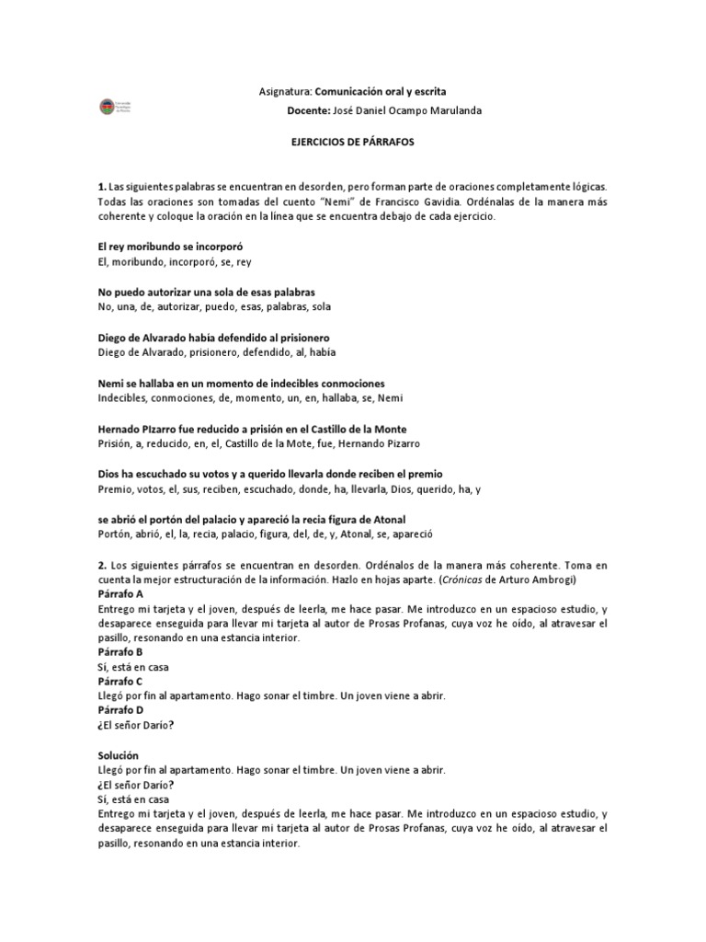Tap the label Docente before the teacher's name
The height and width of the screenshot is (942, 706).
[x=309, y=110]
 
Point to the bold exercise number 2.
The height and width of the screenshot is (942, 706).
[x=100, y=564]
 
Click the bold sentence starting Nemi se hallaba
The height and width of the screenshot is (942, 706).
[x=240, y=383]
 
